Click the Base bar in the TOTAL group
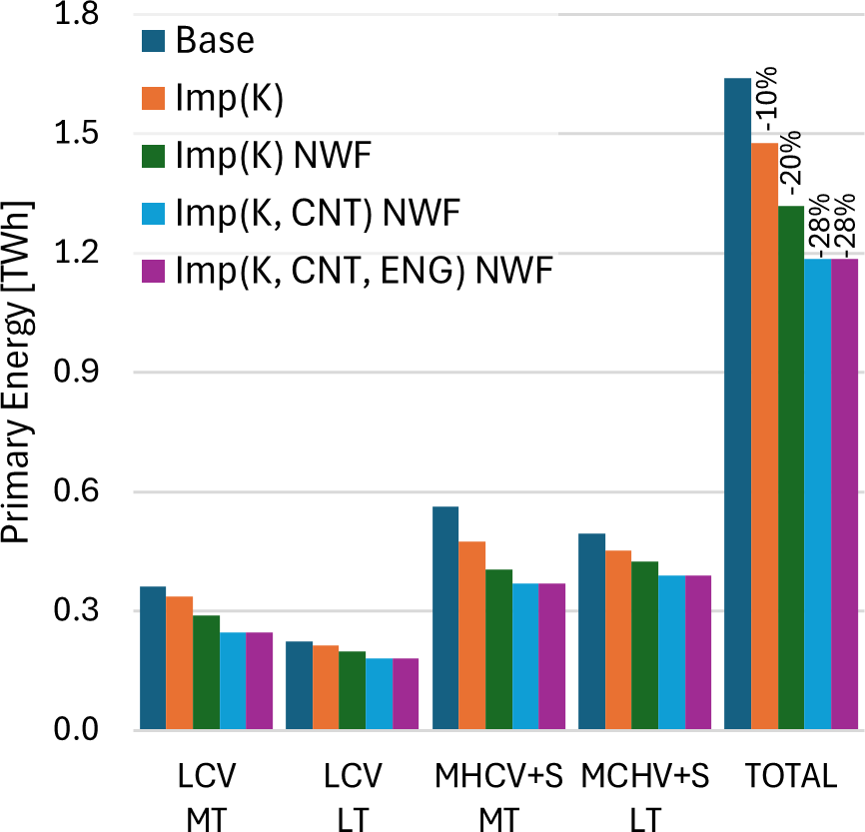pos(737,404)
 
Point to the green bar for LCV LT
pos(352,690)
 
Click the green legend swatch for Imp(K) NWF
pos(154,155)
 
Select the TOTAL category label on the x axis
pos(791,777)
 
